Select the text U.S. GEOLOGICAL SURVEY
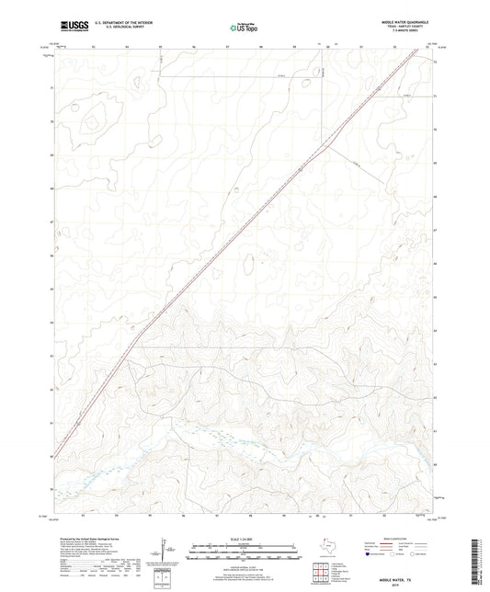tap(114, 29)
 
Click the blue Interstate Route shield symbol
tap(369, 554)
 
